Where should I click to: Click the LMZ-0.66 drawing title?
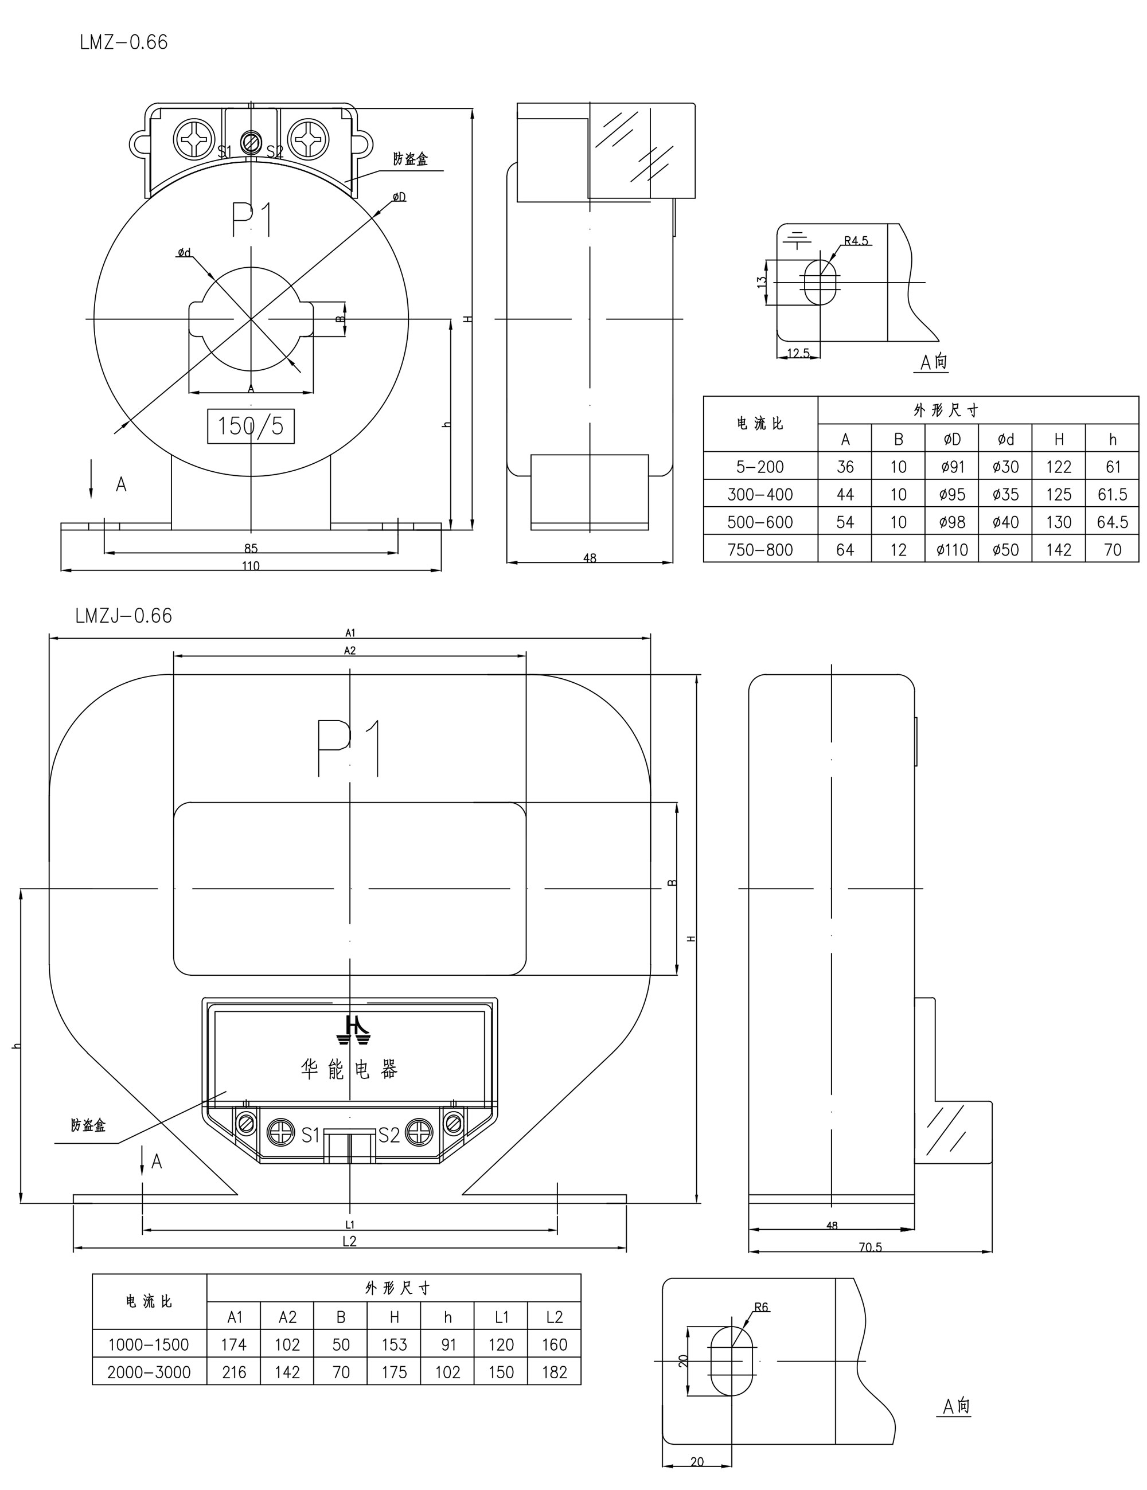pos(123,42)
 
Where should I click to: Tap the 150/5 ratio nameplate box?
pos(251,426)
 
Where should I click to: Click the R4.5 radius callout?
pos(856,241)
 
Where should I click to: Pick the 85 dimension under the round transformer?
pos(251,548)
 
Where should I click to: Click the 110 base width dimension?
pos(251,566)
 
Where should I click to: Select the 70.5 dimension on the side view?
pos(870,1247)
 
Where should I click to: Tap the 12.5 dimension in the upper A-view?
pos(798,353)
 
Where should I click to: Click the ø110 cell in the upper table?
pos(952,550)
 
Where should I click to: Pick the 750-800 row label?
pos(760,550)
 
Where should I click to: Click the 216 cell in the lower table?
pos(233,1372)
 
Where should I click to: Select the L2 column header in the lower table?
pos(554,1317)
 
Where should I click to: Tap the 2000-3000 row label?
pos(149,1372)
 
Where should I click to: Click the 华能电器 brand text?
pos(349,1069)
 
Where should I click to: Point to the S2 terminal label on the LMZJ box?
pos(388,1135)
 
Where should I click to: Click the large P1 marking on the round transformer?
pos(252,219)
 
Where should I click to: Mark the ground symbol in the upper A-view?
pos(797,240)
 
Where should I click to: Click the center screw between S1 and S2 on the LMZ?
pos(251,143)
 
